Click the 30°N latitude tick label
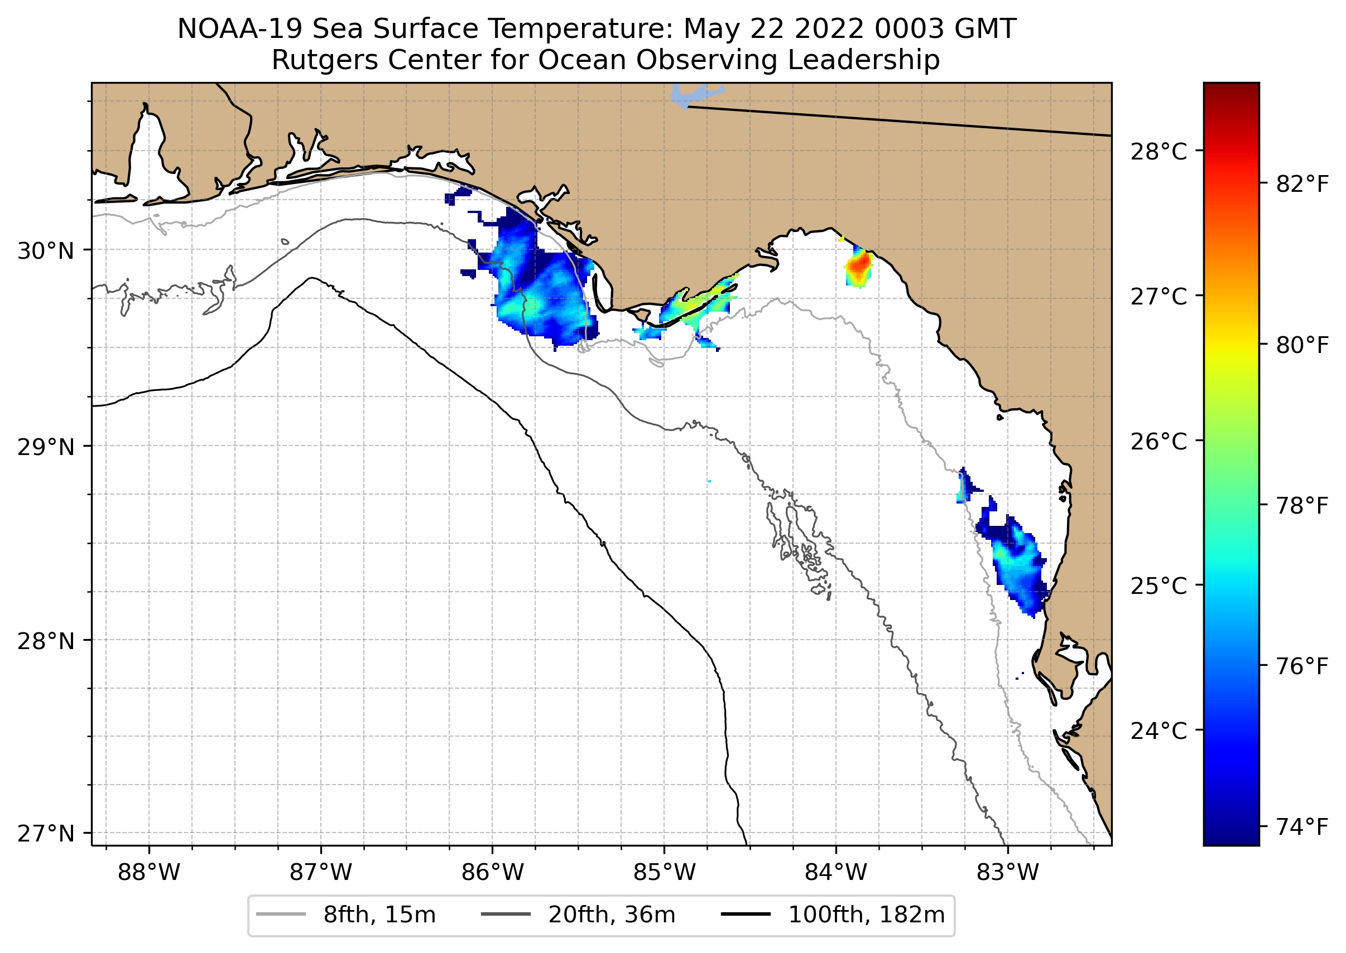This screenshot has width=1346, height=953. tap(46, 251)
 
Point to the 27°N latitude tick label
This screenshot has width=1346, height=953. tap(46, 833)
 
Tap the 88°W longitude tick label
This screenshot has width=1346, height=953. tap(148, 873)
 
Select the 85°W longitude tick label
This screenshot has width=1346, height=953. tap(664, 873)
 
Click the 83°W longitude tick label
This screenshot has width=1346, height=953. tap(1008, 873)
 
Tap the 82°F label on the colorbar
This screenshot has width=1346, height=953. tap(1302, 185)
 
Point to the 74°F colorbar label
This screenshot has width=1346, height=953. tap(1302, 827)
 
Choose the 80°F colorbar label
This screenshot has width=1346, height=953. tap(1302, 346)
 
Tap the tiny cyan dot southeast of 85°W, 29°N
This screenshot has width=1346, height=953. tap(709, 481)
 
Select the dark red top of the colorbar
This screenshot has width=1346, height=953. tap(1231, 88)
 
